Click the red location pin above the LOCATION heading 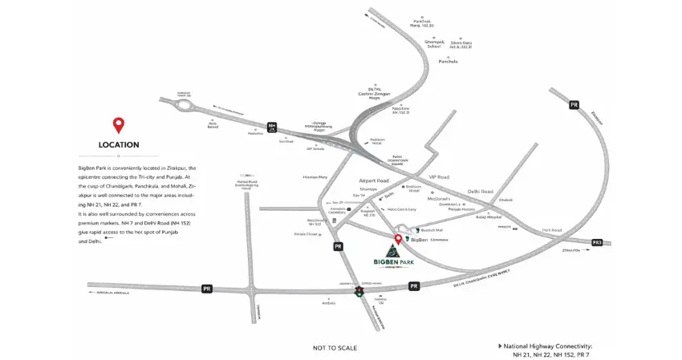119,125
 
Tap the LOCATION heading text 119,145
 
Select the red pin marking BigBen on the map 398,238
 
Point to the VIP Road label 440,176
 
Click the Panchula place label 448,62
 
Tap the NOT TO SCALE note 335,348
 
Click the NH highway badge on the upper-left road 273,126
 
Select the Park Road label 551,230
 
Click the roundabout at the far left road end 184,103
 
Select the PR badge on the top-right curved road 574,104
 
